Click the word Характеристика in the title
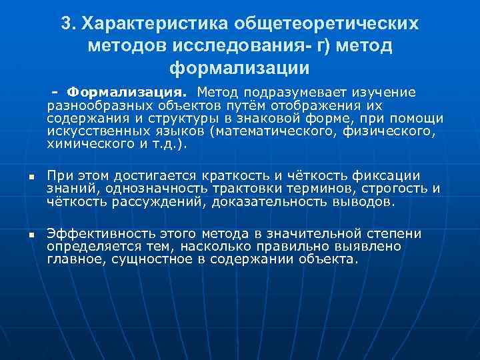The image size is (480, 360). click(154, 23)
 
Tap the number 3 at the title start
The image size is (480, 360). click(66, 23)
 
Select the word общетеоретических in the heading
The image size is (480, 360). click(327, 23)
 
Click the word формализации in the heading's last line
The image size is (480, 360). click(240, 69)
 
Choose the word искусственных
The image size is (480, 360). click(90, 131)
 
